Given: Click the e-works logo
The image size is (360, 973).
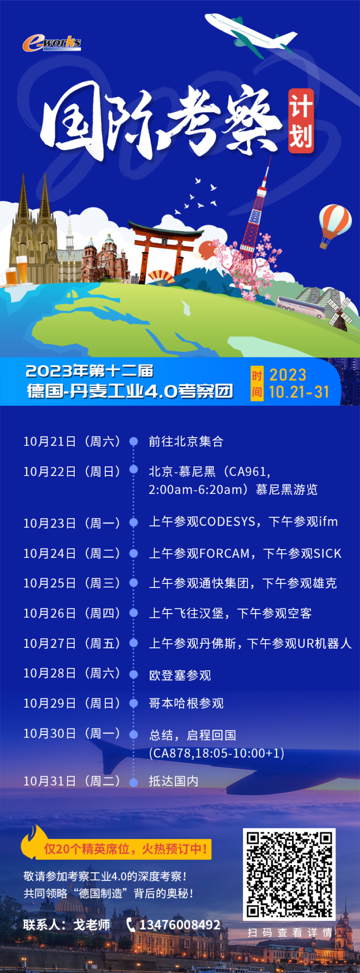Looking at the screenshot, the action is coord(52,43).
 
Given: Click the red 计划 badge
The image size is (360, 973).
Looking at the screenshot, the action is coord(301,121).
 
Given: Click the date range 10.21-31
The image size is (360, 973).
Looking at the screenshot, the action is coord(299,392).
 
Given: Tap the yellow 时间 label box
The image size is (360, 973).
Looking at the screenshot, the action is coord(257,383).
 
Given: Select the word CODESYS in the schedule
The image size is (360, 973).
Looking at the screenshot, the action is coord(227,522).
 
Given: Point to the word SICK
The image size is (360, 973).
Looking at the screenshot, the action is coord(327,554).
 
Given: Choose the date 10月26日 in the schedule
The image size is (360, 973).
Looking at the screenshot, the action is coord(50,613).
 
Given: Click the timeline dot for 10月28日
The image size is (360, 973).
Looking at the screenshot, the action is coord(133,674).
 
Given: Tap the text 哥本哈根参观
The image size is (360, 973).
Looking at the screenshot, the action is coord(186,704).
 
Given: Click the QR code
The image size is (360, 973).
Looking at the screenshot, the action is coord(289,874).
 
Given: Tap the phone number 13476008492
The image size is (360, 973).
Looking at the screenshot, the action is coord(180,925).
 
